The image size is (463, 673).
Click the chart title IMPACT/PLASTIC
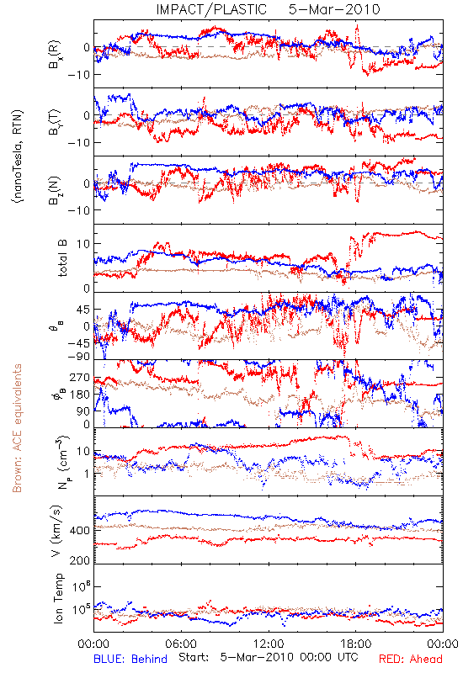(x=211, y=9)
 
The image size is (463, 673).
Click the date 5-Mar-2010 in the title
(x=334, y=9)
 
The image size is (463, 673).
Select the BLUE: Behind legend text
(x=130, y=659)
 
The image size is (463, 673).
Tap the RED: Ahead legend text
(x=410, y=659)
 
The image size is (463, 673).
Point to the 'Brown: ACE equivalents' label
(x=17, y=428)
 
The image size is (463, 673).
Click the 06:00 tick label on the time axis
(x=181, y=644)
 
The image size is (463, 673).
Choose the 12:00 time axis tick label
(x=269, y=644)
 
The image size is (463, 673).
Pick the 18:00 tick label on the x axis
(x=355, y=644)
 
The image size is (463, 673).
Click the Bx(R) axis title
(x=55, y=55)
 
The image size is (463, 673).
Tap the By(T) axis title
(x=55, y=122)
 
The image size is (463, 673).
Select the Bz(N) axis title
(x=55, y=190)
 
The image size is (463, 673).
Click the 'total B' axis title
(x=62, y=258)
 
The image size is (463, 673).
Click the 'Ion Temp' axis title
(x=58, y=598)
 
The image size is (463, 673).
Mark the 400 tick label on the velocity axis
(x=79, y=531)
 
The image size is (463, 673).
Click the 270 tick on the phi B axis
(x=80, y=378)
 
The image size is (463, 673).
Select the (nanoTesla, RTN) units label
(x=18, y=156)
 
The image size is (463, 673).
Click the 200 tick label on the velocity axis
(x=79, y=560)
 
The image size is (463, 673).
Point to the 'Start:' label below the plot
(x=194, y=657)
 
